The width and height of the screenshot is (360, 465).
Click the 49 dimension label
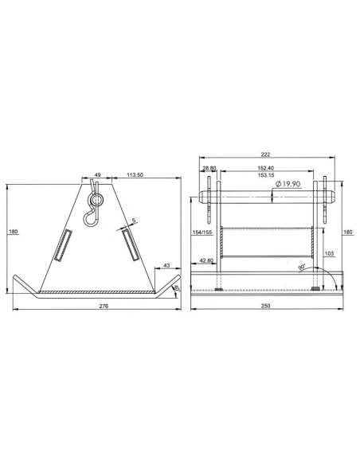97,175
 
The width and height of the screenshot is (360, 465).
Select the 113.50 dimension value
135,175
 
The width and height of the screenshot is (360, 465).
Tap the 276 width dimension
104,306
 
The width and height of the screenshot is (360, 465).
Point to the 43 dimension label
167,265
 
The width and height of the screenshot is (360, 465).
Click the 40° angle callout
177,288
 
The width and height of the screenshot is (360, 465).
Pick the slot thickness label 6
134,221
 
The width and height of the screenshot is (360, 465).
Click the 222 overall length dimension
265,154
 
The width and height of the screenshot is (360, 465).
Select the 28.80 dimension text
209,168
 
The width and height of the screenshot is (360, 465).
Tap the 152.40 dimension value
266,168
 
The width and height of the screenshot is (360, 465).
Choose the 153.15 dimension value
266,175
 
